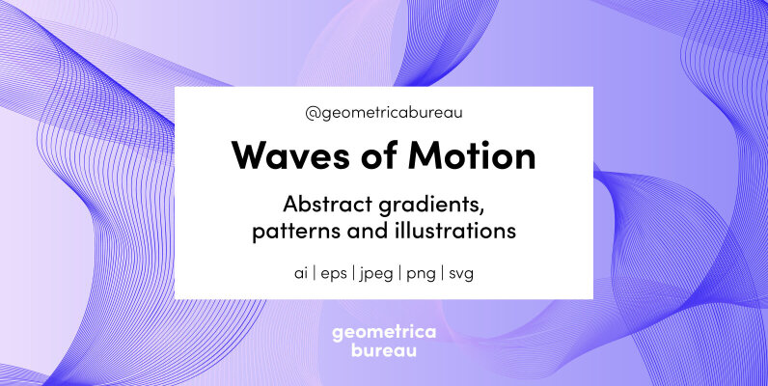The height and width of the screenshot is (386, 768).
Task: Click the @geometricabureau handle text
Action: coord(384,113)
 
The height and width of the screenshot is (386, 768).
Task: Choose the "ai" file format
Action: coord(301,273)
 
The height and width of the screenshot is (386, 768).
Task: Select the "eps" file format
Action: coord(334,274)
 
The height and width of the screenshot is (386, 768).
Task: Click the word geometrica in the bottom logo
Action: coord(384,333)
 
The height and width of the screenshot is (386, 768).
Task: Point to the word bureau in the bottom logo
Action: coord(384,351)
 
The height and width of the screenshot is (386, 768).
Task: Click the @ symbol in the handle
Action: coord(312,113)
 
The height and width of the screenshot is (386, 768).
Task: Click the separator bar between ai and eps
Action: coord(315,274)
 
